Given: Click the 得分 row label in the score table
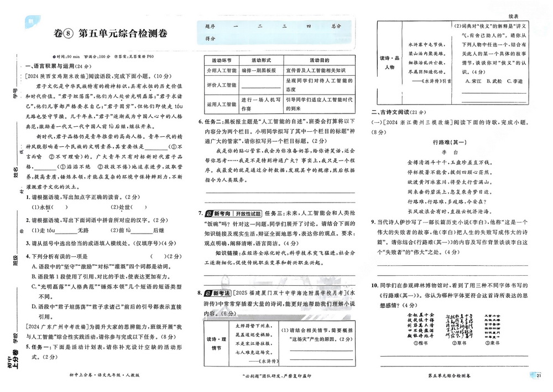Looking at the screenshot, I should coord(210,38).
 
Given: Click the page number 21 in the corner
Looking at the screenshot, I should coord(539,376).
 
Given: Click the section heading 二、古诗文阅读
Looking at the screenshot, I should coord(397,112).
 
